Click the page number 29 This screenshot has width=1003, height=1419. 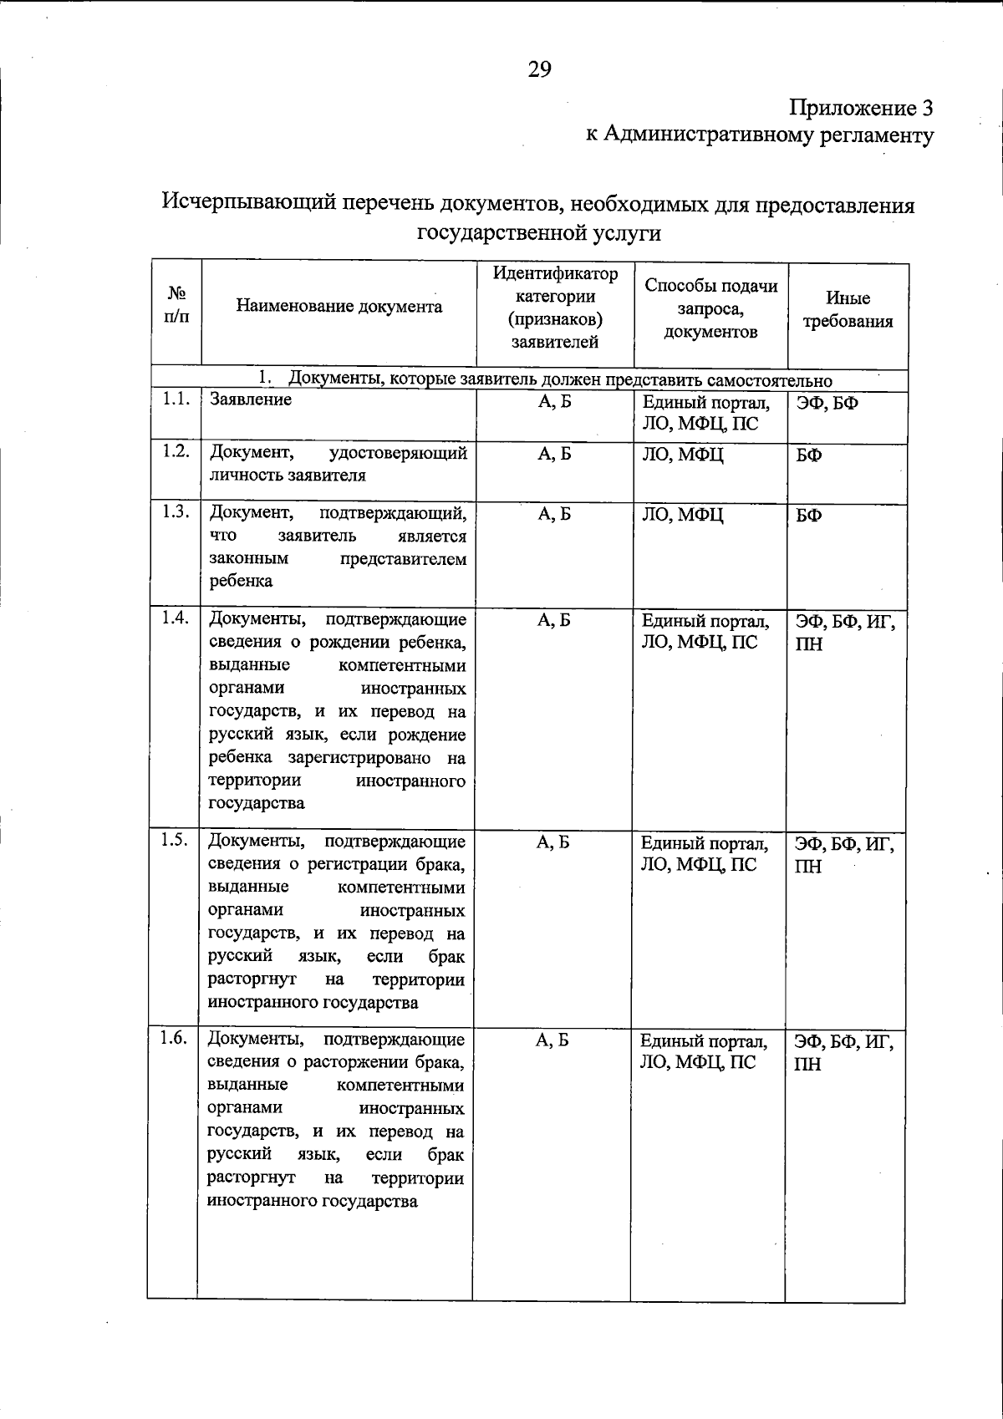[539, 69]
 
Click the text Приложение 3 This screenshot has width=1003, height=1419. [861, 109]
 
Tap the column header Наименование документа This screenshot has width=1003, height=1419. [339, 306]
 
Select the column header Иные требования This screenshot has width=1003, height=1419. [848, 310]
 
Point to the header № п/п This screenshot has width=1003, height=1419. [176, 305]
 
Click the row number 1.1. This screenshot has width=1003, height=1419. [176, 399]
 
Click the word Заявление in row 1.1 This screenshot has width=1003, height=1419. [251, 399]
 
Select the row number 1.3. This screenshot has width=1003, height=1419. [176, 512]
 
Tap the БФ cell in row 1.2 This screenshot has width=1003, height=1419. [808, 456]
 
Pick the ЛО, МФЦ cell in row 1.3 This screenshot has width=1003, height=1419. [682, 515]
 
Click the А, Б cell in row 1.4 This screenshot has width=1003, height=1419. [554, 620]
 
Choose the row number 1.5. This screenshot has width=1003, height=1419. [174, 842]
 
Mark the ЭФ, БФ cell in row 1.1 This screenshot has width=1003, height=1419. [827, 404]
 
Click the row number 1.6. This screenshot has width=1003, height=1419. [173, 1039]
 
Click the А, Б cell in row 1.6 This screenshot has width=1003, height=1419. [552, 1040]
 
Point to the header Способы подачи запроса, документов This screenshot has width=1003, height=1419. [710, 308]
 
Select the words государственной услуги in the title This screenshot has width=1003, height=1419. [539, 233]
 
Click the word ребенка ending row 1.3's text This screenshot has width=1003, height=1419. [241, 582]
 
